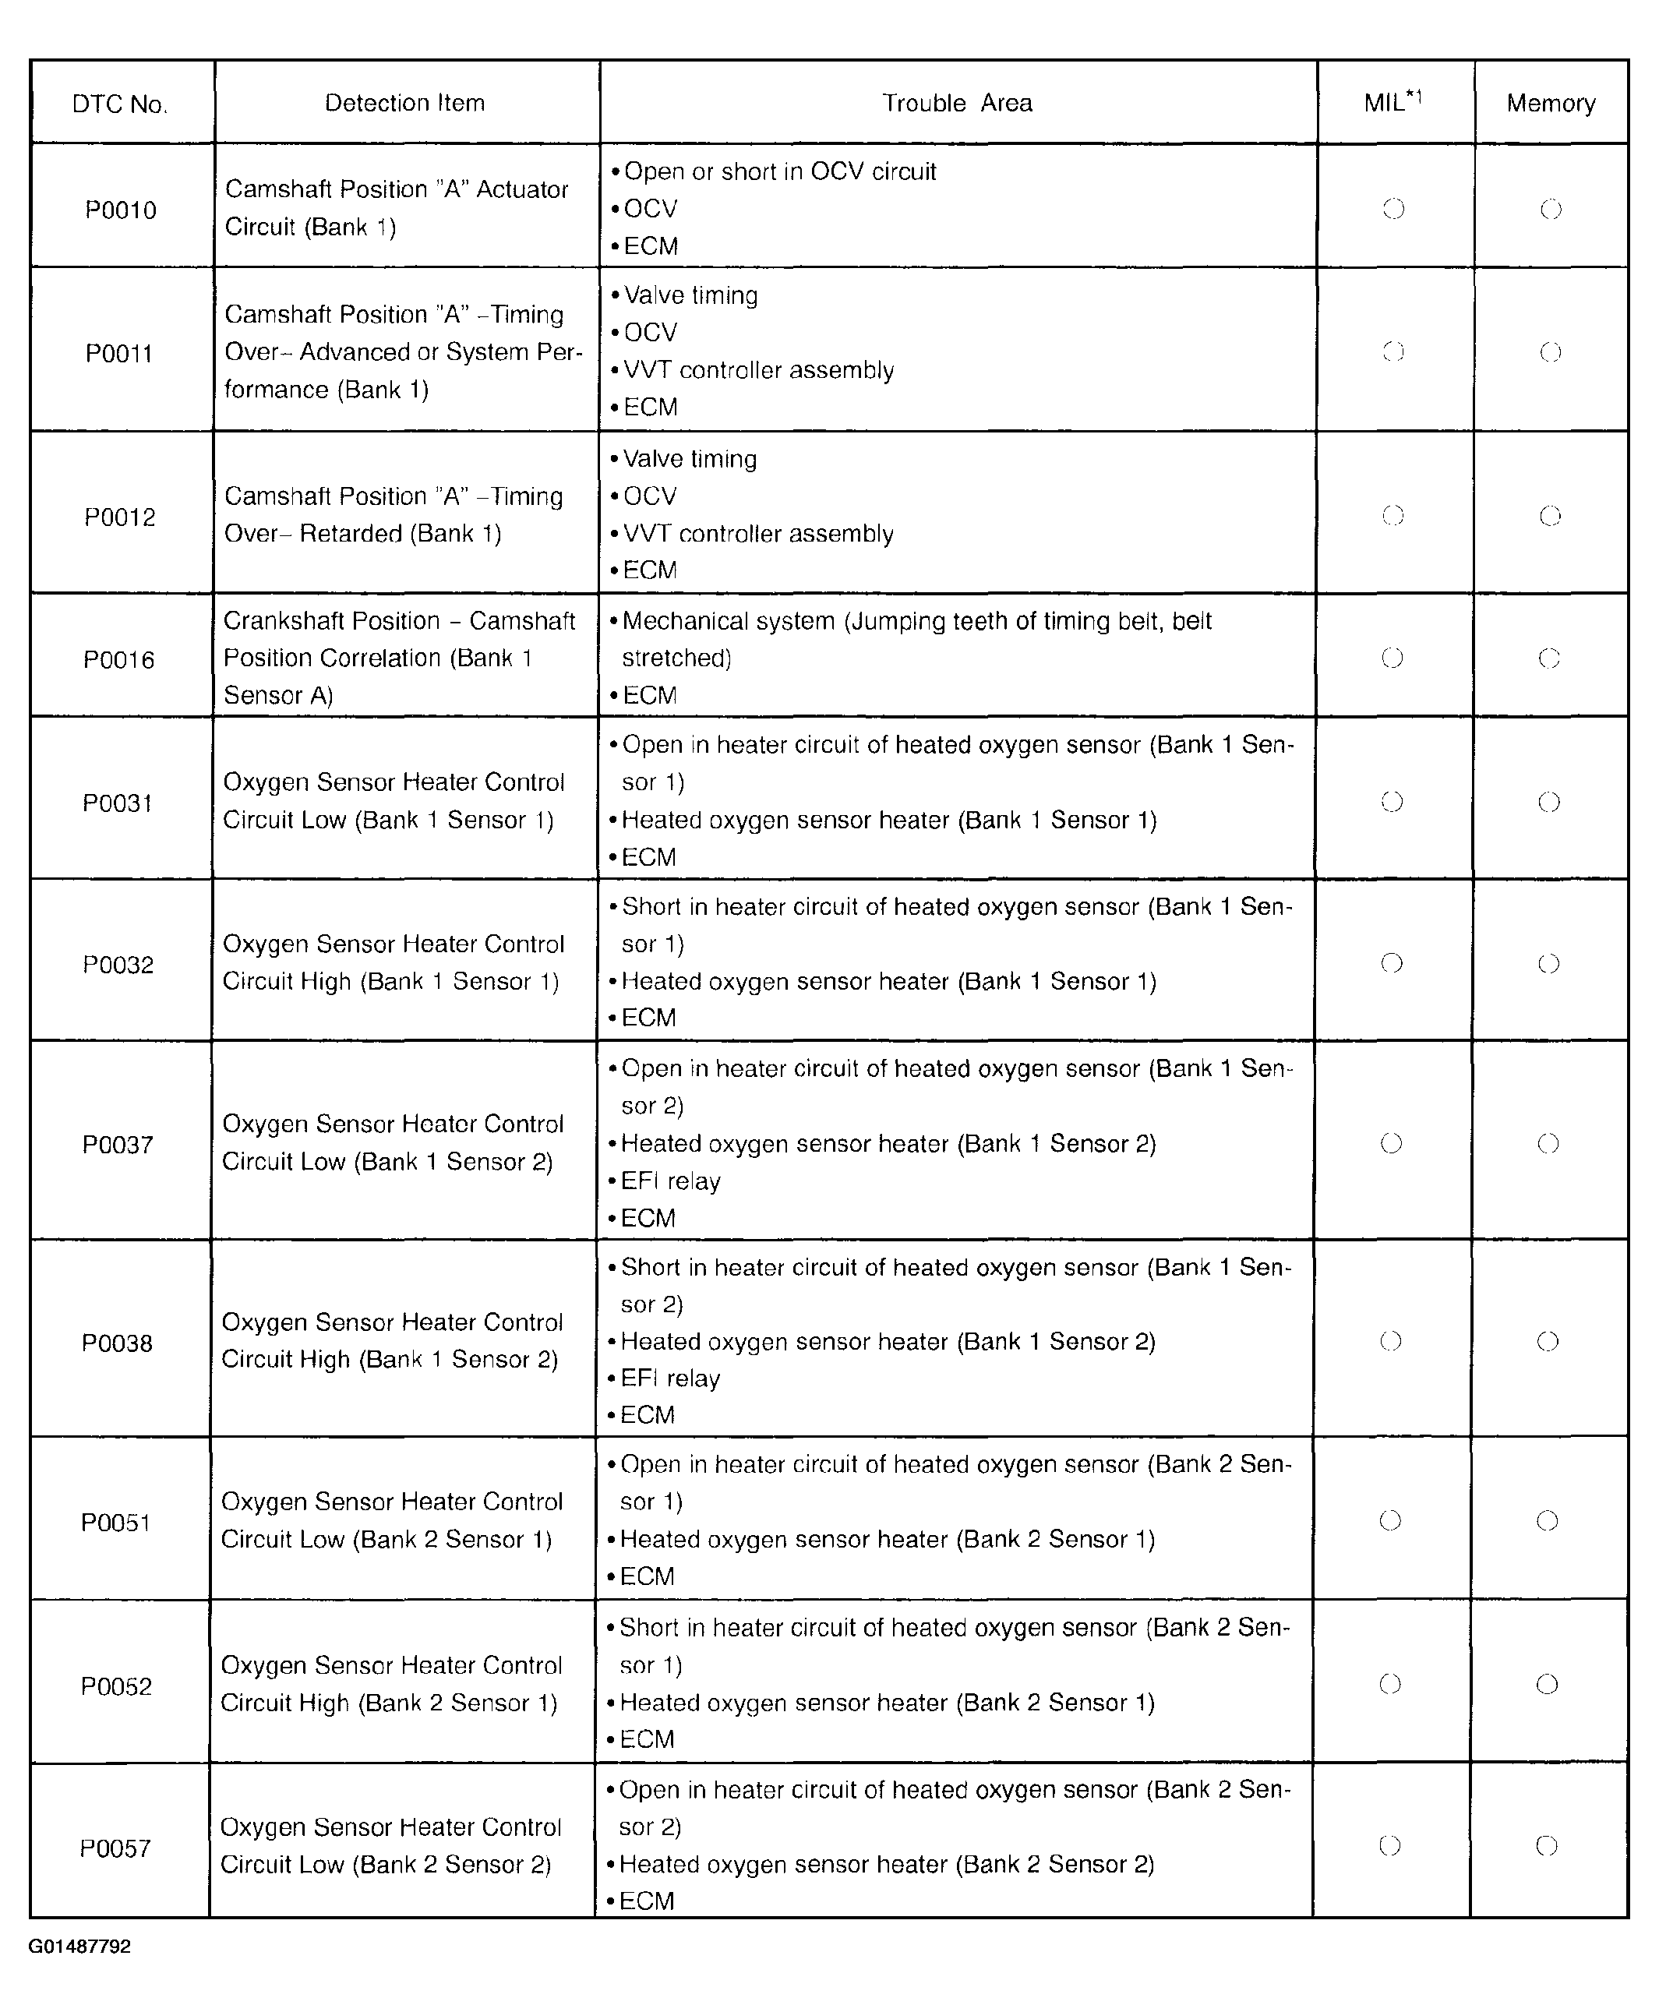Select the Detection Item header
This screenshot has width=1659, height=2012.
click(x=404, y=103)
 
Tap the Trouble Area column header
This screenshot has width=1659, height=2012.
click(x=957, y=103)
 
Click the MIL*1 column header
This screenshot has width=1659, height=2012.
click(x=1393, y=102)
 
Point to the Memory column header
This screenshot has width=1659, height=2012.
click(x=1550, y=103)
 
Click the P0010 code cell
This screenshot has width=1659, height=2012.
click(x=121, y=210)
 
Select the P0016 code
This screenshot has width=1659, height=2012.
click(x=118, y=659)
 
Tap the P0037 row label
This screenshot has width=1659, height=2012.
click(x=118, y=1144)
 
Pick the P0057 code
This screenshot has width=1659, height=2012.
click(x=115, y=1848)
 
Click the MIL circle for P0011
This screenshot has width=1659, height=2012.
click(x=1393, y=351)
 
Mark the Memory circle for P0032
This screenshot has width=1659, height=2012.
click(x=1548, y=962)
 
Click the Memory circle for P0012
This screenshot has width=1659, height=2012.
click(x=1550, y=516)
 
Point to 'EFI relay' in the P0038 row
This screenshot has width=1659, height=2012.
click(x=670, y=1378)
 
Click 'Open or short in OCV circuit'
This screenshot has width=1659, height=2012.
click(x=779, y=172)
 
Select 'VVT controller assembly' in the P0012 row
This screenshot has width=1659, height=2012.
click(x=758, y=533)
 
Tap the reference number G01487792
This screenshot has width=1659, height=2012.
click(x=79, y=1946)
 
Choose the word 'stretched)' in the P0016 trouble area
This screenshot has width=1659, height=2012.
click(x=676, y=658)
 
